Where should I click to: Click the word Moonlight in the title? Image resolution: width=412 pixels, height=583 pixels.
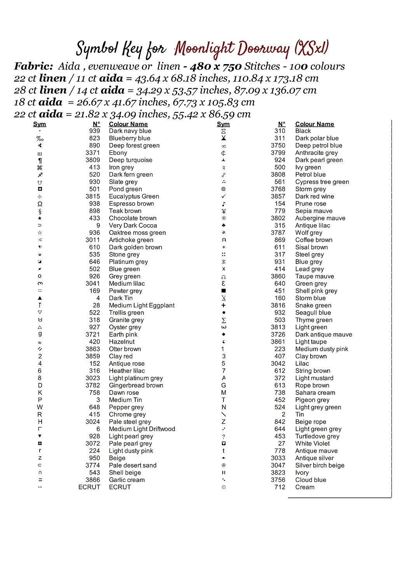click(x=204, y=49)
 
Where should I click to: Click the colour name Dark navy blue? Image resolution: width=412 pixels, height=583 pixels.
click(x=130, y=131)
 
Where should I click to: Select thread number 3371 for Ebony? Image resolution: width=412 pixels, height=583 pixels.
click(x=93, y=153)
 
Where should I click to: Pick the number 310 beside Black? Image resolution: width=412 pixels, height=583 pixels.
click(x=279, y=131)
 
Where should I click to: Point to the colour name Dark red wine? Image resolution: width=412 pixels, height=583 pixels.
click(x=314, y=196)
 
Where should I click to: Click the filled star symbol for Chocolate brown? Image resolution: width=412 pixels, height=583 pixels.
click(x=40, y=218)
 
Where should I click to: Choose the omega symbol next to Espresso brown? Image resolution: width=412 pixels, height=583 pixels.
click(x=40, y=204)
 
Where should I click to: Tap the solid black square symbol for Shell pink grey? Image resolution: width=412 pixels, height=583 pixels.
click(x=223, y=291)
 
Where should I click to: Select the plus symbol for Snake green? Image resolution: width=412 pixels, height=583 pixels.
click(x=223, y=305)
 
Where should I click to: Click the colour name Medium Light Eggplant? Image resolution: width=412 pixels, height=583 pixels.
click(x=141, y=305)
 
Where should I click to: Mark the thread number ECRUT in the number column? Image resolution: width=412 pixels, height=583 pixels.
click(x=89, y=487)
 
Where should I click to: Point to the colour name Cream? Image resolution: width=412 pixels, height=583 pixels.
click(x=305, y=487)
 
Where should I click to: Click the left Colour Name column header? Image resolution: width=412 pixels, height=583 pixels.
click(x=128, y=124)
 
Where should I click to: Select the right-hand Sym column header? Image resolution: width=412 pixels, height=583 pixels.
click(x=223, y=124)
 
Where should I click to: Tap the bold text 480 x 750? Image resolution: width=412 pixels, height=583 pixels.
click(x=216, y=66)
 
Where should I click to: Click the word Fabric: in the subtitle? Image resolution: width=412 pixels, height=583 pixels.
click(x=33, y=66)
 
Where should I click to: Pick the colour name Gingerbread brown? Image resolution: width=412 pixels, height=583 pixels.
click(x=136, y=385)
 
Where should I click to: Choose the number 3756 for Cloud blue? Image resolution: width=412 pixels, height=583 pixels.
click(x=278, y=480)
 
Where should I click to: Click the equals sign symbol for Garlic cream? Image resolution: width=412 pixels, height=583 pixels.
click(x=40, y=480)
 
